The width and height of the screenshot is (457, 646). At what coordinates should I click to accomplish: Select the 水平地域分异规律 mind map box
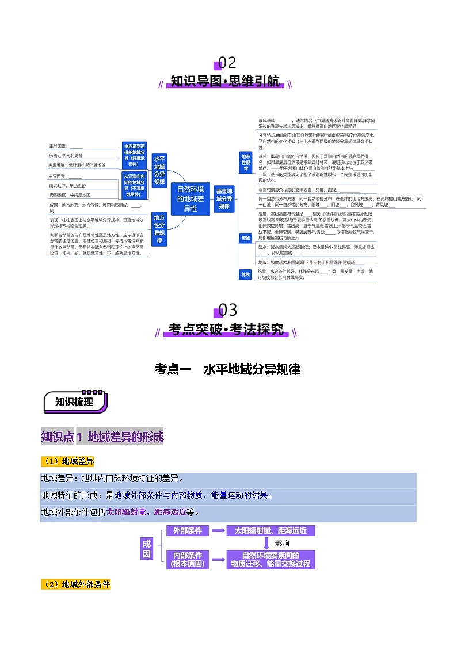click(159, 170)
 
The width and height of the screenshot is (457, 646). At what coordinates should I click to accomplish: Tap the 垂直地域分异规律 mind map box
click(223, 198)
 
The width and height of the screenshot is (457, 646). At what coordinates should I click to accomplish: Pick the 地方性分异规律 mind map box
click(159, 229)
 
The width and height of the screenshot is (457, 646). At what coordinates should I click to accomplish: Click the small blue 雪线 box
click(246, 238)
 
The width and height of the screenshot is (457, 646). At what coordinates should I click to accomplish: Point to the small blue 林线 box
click(246, 275)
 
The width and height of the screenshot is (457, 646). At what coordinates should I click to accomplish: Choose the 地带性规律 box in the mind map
click(246, 162)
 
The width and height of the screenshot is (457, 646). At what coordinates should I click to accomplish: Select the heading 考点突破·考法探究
click(226, 330)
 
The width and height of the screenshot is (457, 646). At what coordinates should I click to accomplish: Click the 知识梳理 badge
click(74, 402)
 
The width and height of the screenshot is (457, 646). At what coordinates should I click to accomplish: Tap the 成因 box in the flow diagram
click(147, 548)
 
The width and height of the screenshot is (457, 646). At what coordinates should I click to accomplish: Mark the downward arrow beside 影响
click(266, 543)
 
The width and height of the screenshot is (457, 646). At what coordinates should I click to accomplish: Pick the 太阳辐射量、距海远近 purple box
click(271, 531)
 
